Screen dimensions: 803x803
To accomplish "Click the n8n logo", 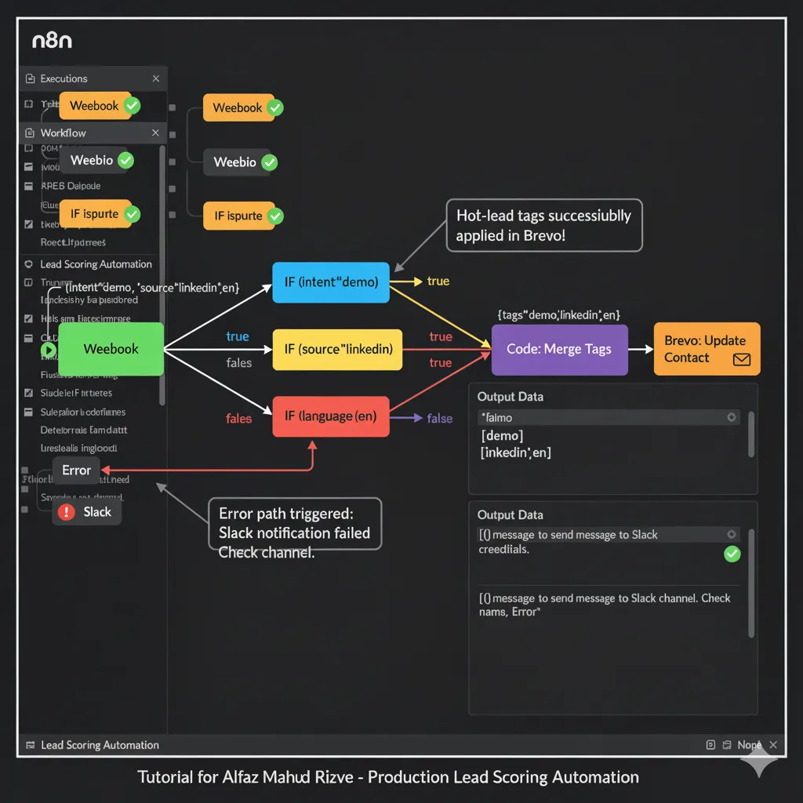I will [52, 40].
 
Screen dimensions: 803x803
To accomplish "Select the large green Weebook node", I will [111, 349].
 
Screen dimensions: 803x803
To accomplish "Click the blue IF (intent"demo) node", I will [331, 282].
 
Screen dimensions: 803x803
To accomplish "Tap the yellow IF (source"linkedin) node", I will [337, 350].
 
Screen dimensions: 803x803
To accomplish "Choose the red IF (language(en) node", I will [331, 416].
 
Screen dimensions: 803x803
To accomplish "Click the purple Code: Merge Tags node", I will [559, 350].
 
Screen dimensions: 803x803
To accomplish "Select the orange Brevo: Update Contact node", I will [707, 349].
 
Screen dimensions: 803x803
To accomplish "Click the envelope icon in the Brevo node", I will [741, 359].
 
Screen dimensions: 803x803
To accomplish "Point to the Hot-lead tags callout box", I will [543, 225].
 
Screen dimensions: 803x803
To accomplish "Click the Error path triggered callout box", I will [294, 524].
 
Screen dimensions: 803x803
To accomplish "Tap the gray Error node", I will [76, 471].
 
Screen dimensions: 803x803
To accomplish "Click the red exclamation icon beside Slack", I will [67, 512].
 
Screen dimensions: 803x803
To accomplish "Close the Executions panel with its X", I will [156, 78].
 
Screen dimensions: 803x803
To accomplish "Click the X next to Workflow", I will [155, 133].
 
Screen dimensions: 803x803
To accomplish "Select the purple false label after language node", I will [439, 419].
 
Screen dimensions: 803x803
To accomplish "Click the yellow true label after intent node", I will [438, 282].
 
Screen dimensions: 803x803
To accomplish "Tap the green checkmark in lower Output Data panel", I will [732, 554].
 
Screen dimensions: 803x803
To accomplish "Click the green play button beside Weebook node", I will [48, 350].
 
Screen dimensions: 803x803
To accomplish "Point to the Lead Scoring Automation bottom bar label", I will [100, 745].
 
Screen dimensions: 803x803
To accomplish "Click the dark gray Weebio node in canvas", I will [235, 162].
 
